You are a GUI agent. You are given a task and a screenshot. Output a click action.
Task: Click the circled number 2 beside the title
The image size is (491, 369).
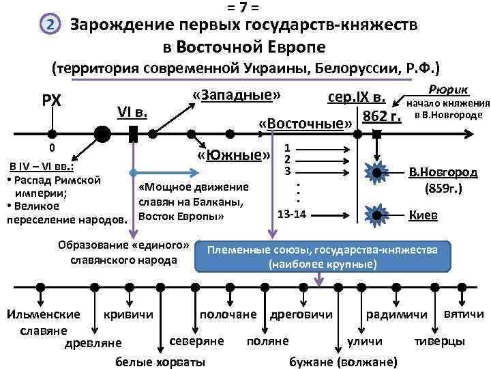tap(49, 26)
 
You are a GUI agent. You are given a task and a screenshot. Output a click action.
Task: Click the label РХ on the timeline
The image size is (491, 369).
tap(52, 100)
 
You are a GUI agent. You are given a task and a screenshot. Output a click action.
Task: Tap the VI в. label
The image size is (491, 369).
tap(132, 111)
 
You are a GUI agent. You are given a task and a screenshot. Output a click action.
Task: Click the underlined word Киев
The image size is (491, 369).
tap(423, 215)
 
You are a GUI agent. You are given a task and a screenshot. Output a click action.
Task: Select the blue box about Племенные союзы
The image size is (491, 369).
tap(323, 257)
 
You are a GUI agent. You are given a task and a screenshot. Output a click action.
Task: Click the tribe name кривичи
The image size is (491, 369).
tap(128, 314)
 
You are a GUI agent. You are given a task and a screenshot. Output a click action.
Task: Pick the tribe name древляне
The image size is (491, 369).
tap(93, 342)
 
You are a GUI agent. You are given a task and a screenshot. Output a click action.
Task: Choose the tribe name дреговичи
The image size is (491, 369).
tap(301, 314)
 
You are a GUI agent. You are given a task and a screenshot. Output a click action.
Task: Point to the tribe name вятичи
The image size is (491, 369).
tap(464, 314)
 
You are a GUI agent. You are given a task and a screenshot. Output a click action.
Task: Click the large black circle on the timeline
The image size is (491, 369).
tap(102, 133)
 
